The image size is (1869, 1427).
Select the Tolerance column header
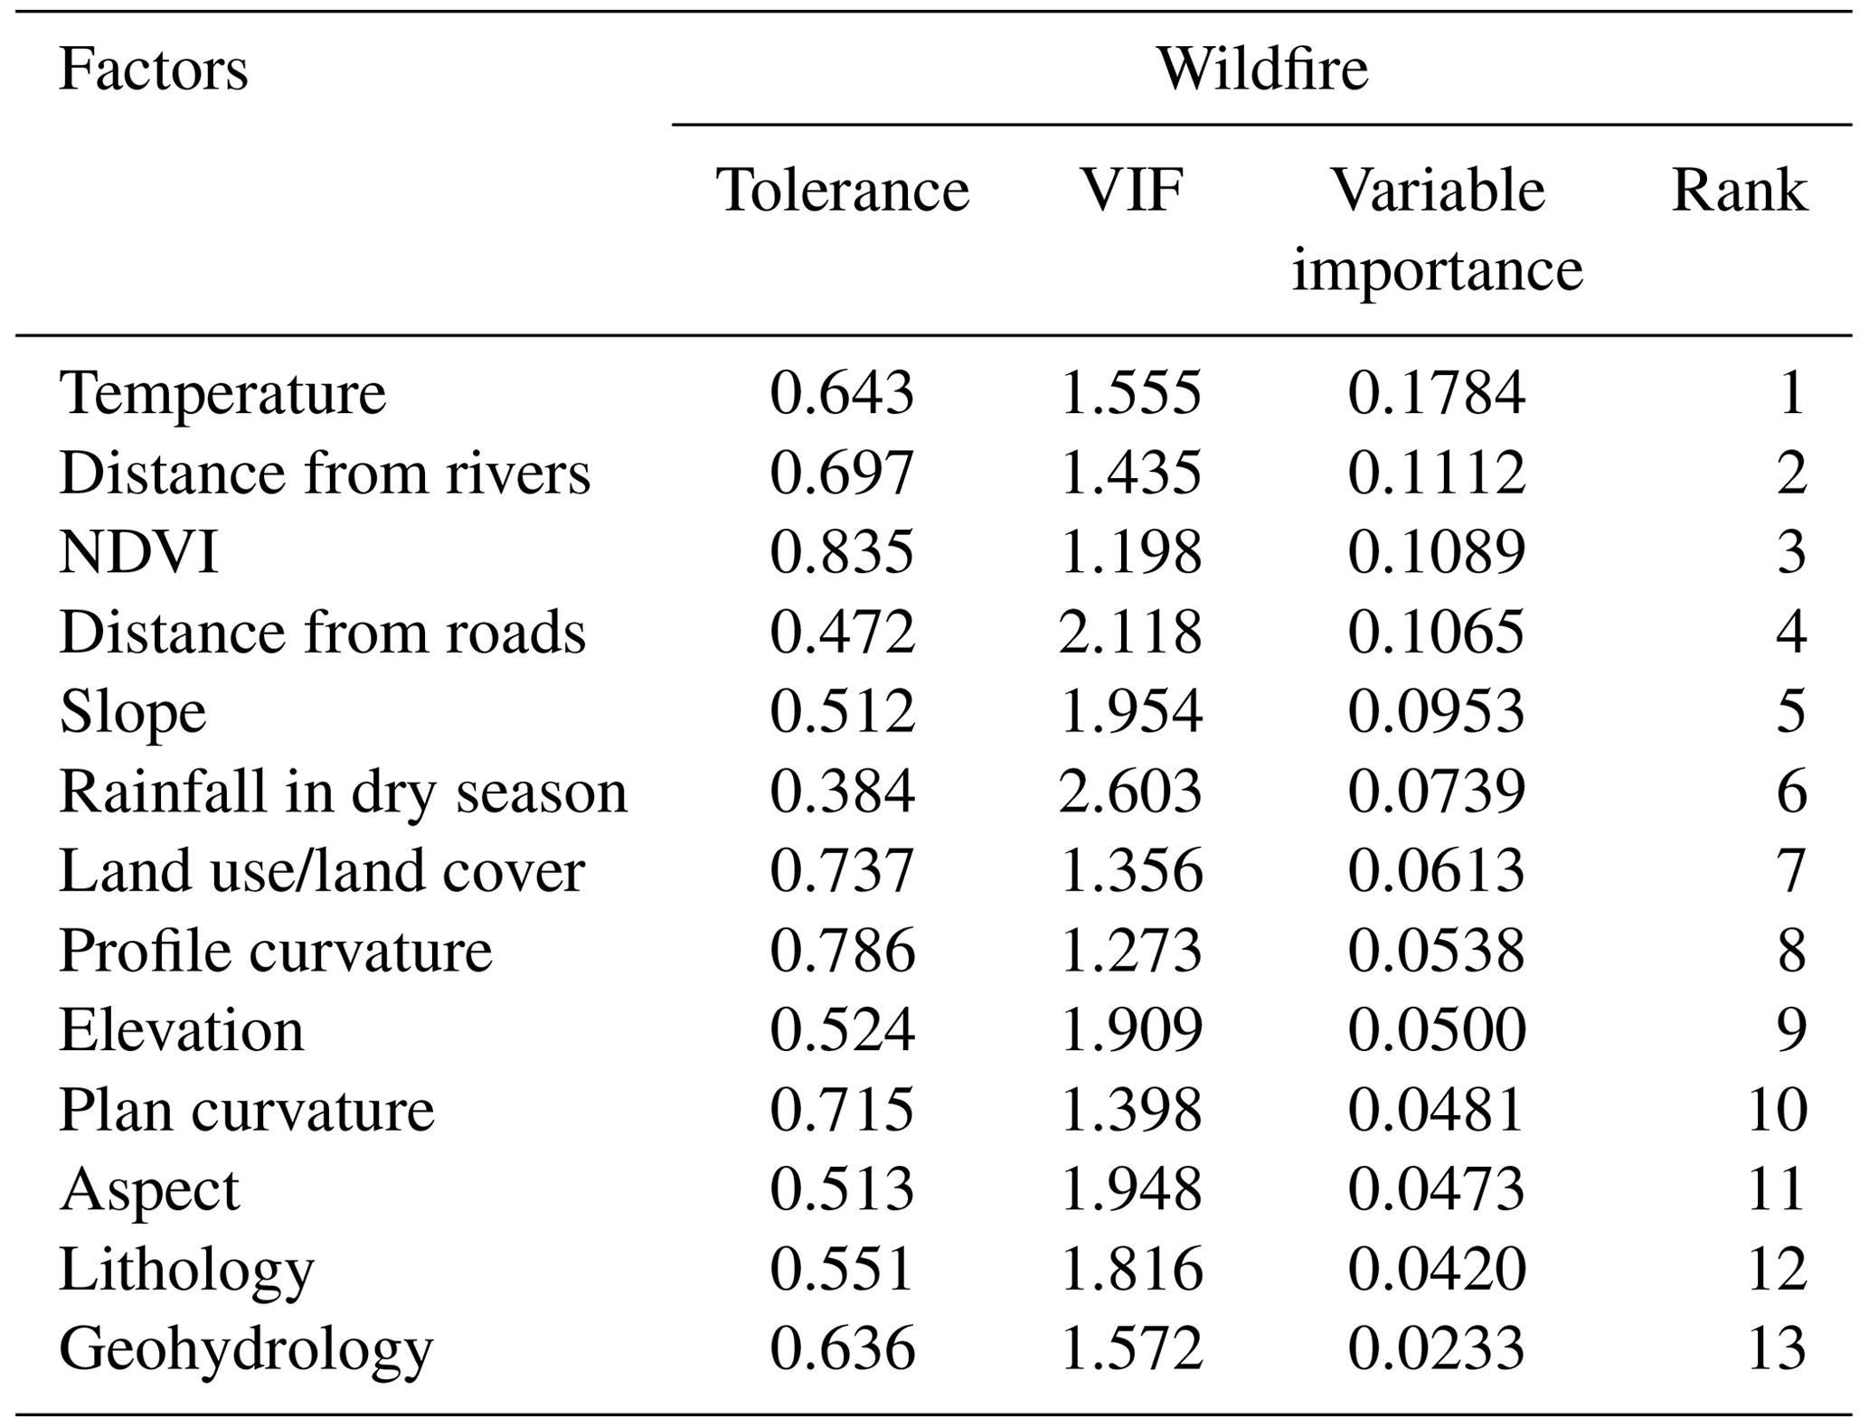842,191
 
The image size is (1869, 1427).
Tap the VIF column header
1131,191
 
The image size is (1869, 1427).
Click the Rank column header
1738,191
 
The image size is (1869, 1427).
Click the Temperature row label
222,393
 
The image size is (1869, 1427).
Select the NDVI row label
138,552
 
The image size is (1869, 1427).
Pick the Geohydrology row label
246,1349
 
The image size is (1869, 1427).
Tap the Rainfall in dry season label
343,792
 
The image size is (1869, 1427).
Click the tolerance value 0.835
842,552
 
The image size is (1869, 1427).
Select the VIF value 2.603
1130,792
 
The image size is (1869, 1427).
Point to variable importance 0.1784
1436,393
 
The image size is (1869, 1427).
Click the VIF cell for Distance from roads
1130,632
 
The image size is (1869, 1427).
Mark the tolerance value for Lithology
842,1269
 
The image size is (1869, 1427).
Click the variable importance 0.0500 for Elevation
1436,1030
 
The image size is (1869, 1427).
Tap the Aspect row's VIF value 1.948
1130,1189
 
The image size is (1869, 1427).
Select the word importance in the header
1437,270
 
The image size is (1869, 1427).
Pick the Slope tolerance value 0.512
842,711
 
